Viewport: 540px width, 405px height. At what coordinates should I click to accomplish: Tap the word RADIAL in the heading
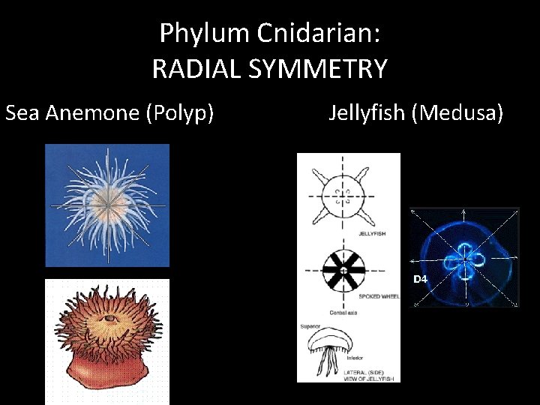(x=197, y=69)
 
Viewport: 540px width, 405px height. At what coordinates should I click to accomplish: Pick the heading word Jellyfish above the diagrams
(x=370, y=113)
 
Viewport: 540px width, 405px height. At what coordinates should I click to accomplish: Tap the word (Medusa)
(x=461, y=113)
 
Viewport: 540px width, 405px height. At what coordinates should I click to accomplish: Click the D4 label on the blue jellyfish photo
(x=420, y=279)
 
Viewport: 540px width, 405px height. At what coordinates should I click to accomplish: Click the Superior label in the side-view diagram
(x=310, y=326)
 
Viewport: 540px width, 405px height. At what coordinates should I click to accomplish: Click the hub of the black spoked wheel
(x=343, y=269)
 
